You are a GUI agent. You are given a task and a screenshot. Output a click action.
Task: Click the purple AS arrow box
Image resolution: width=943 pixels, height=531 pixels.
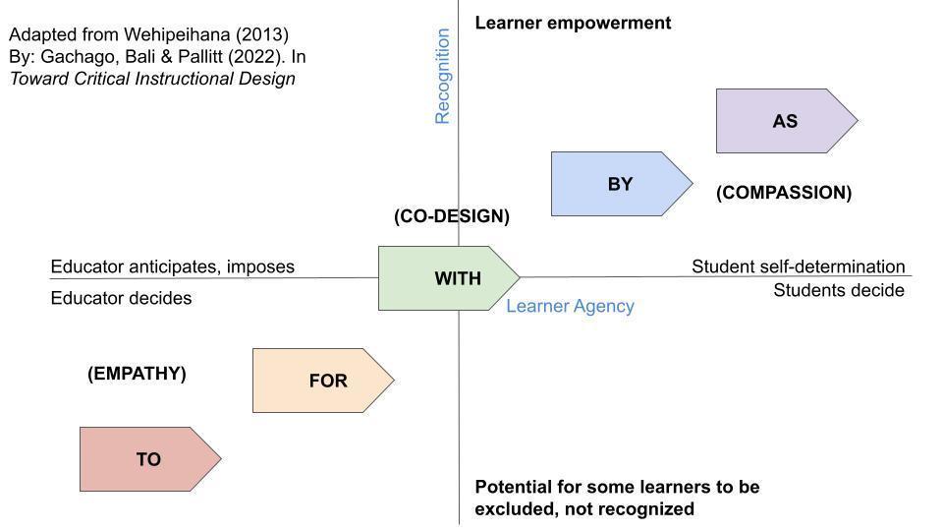785,121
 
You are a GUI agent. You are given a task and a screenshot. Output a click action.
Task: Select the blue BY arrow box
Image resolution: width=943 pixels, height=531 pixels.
620,184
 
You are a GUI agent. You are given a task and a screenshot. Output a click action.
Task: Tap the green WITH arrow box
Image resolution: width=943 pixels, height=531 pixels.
448,278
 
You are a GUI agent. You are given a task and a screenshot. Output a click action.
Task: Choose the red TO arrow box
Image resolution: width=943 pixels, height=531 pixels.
148,459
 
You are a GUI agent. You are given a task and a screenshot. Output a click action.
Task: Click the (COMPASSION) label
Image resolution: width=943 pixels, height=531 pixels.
783,193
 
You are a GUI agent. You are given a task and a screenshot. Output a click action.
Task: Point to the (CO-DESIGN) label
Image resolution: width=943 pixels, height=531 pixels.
451,216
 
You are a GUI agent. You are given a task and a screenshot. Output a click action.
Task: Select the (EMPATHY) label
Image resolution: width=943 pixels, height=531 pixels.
137,374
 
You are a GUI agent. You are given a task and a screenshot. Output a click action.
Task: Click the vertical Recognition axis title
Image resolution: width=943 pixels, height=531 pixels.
442,76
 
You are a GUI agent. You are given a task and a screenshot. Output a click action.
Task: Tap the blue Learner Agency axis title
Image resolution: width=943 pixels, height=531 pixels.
570,306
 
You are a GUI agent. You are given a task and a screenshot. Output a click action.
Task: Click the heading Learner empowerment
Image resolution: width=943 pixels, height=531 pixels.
573,23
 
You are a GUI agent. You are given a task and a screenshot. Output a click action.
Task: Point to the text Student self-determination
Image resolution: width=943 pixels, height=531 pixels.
798,266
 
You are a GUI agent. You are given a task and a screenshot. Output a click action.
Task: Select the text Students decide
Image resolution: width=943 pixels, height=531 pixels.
838,290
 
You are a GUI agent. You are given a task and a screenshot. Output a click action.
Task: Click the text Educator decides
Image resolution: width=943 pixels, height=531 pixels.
121,298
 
